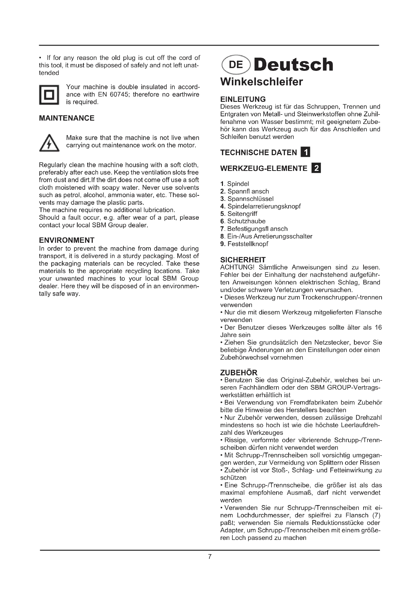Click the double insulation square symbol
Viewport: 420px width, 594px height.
(49, 95)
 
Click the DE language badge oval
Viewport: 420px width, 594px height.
(236, 65)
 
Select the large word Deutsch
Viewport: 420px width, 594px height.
(294, 65)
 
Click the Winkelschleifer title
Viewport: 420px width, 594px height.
(262, 82)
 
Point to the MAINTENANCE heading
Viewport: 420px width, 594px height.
(67, 118)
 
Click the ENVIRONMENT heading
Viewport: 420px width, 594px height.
(67, 240)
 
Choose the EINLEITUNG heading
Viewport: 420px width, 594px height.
(243, 99)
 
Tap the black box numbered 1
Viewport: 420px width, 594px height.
(305, 152)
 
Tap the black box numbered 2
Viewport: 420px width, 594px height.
(316, 168)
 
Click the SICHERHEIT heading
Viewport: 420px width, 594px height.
(243, 260)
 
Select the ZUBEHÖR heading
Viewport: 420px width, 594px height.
(239, 373)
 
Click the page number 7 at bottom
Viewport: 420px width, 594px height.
(210, 556)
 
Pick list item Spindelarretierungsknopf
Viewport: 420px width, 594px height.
(264, 206)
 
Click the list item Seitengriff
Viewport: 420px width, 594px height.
(242, 214)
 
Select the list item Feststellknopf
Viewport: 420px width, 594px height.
(248, 244)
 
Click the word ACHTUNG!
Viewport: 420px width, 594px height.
(236, 267)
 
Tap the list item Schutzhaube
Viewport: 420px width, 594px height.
(246, 221)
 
